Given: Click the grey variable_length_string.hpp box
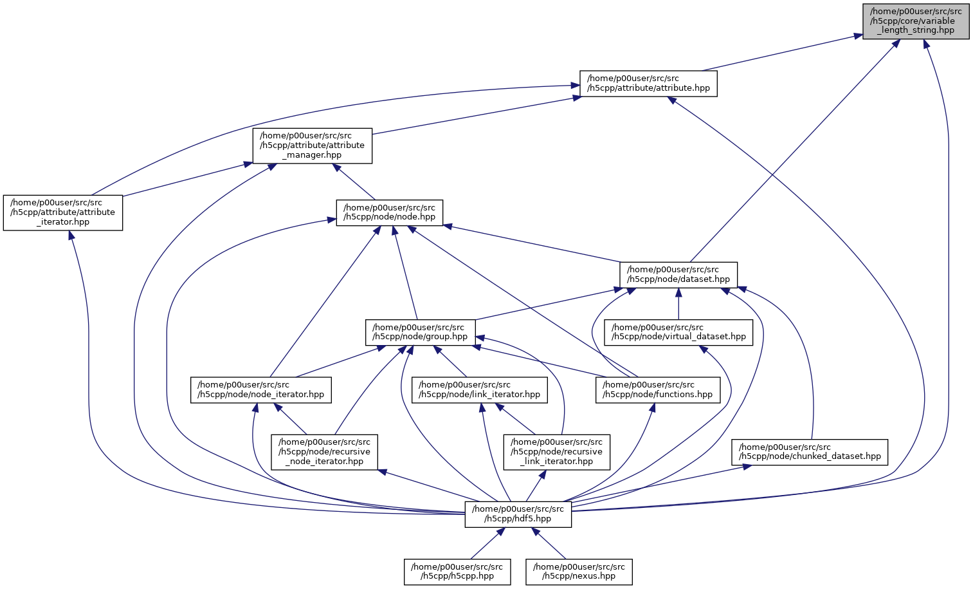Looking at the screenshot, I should [916, 21].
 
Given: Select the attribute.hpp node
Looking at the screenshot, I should [648, 84].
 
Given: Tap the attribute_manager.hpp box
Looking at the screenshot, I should [312, 145].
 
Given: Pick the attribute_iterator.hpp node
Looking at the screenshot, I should [63, 212].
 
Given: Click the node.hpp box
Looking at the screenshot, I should [390, 212].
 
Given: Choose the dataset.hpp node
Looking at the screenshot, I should [678, 275].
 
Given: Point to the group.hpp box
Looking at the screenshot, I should [421, 332].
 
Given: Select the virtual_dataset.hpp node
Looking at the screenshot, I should [678, 332].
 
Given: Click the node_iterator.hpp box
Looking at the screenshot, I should [261, 390].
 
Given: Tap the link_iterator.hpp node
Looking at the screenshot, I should [480, 390].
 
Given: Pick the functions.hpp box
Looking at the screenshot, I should [658, 390].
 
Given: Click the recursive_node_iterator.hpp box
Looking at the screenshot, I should [325, 452].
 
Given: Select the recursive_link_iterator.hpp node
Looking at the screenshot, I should [557, 452].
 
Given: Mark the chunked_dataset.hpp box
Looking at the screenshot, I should [810, 452].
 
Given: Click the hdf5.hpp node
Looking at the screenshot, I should [518, 514].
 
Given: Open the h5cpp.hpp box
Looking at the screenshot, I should [457, 572].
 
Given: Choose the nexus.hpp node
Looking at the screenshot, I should [579, 572].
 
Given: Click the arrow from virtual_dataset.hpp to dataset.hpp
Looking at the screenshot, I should [678, 304].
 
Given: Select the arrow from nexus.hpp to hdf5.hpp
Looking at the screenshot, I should [549, 544].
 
